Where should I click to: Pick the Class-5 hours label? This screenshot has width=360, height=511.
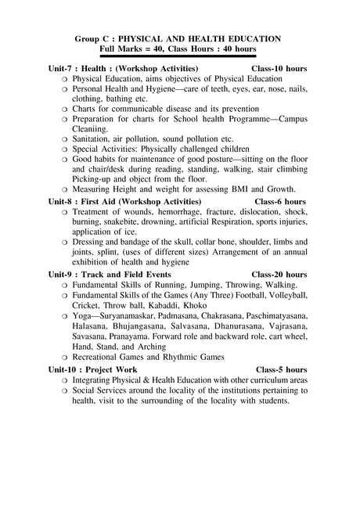(x=282, y=369)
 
